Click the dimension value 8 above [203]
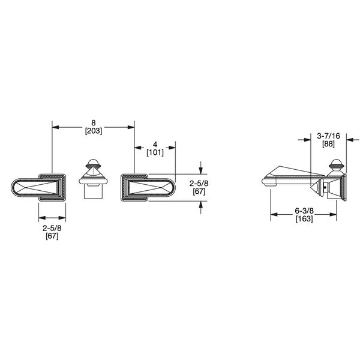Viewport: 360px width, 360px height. (x=92, y=120)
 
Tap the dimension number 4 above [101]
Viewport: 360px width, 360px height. (x=155, y=144)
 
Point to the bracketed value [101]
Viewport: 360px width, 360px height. (x=155, y=152)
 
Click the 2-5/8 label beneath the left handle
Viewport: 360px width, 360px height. (x=52, y=228)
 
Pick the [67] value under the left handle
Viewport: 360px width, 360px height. (x=52, y=236)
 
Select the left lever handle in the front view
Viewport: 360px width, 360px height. (x=38, y=187)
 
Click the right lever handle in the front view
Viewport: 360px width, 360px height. (x=149, y=187)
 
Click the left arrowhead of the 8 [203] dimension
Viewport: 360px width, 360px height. (x=55, y=125)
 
